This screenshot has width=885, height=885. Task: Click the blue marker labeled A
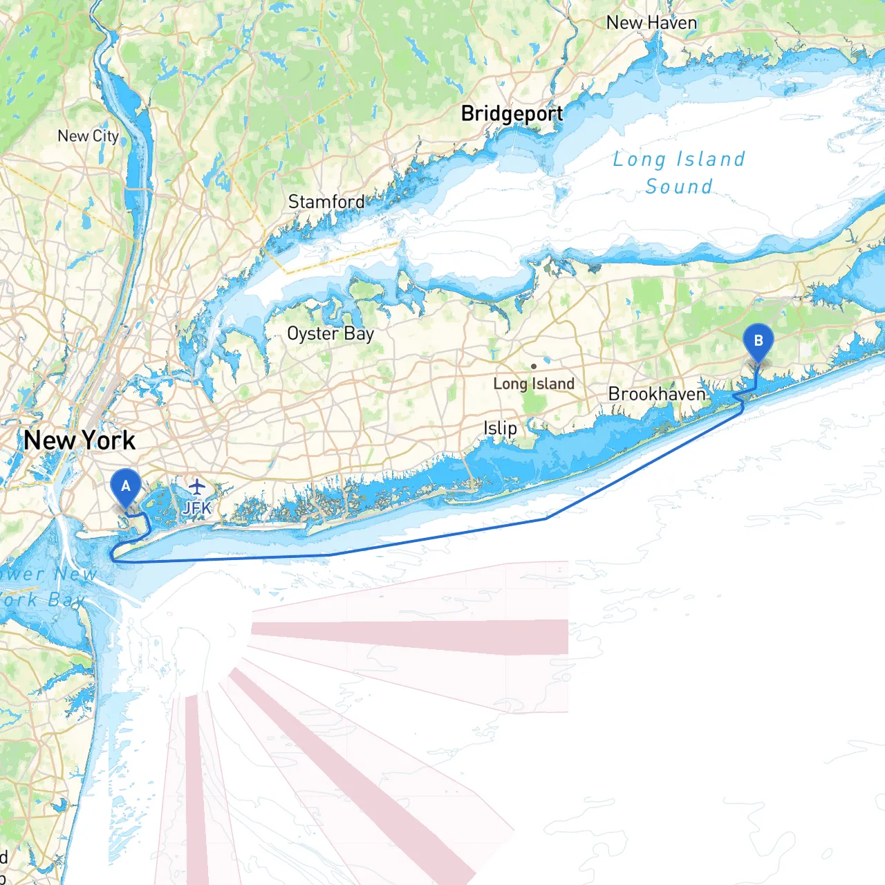pyautogui.click(x=125, y=487)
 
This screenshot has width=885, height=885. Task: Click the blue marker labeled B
pyautogui.click(x=758, y=342)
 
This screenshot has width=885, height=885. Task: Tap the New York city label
pyautogui.click(x=80, y=440)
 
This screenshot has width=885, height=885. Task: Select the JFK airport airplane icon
pyautogui.click(x=197, y=487)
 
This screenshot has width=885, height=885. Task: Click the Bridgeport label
pyautogui.click(x=512, y=113)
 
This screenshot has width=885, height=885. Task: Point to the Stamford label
pyautogui.click(x=326, y=202)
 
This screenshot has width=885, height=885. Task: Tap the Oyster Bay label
pyautogui.click(x=330, y=334)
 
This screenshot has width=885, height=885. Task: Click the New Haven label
pyautogui.click(x=651, y=23)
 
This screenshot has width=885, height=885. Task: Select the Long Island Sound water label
pyautogui.click(x=679, y=173)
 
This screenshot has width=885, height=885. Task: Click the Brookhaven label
pyautogui.click(x=657, y=394)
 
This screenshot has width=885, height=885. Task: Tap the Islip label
pyautogui.click(x=500, y=428)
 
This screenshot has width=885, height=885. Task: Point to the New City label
pyautogui.click(x=88, y=136)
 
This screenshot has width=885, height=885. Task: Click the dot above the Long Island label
pyautogui.click(x=533, y=366)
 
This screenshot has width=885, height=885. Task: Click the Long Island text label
pyautogui.click(x=534, y=384)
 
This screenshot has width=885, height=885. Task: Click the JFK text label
pyautogui.click(x=197, y=509)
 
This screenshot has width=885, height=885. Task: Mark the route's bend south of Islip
pyautogui.click(x=546, y=518)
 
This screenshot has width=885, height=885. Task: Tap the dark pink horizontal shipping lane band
pyautogui.click(x=415, y=635)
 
